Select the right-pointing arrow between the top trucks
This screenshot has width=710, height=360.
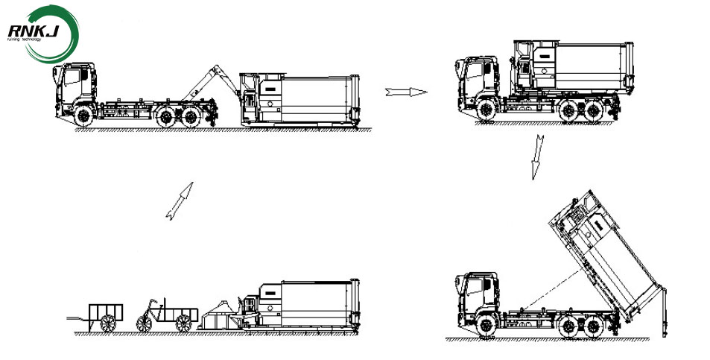point(406,92)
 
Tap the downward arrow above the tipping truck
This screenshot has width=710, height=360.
point(535,157)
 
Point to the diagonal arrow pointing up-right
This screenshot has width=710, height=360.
point(179,200)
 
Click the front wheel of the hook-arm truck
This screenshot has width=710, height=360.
point(83,113)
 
